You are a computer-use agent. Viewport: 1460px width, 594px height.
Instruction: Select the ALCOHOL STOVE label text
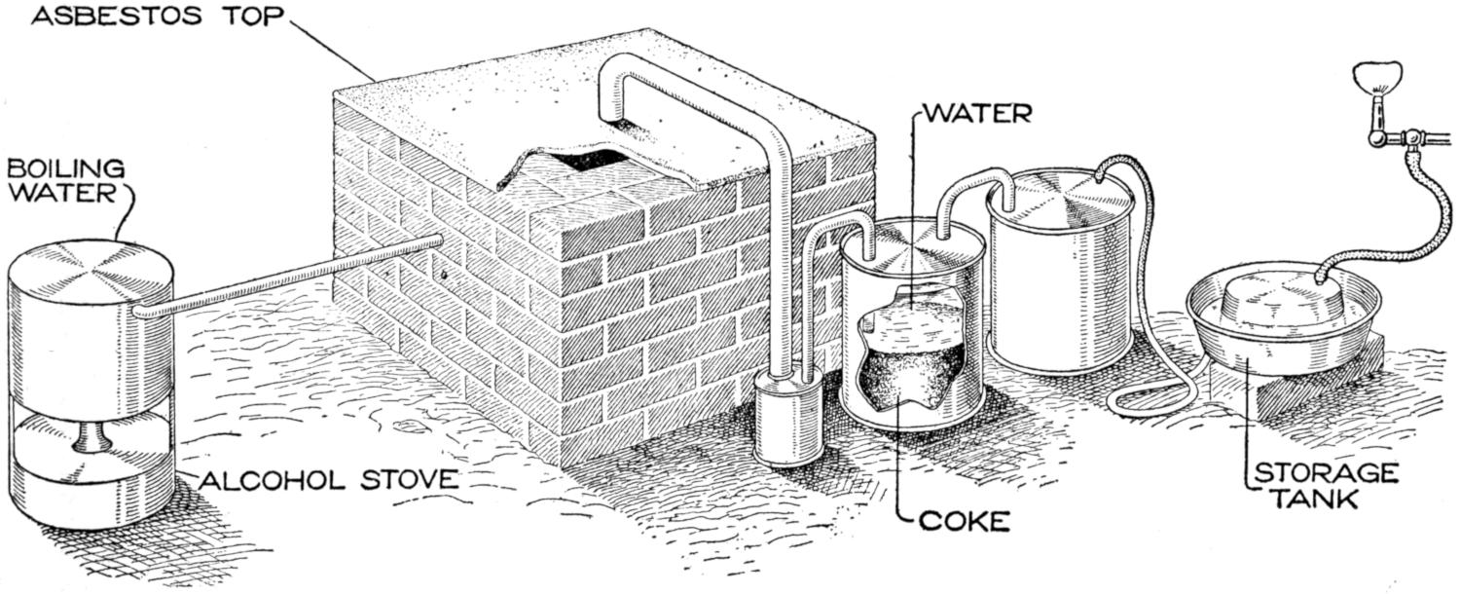click(x=328, y=479)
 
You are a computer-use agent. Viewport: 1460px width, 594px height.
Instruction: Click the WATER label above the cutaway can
click(x=975, y=113)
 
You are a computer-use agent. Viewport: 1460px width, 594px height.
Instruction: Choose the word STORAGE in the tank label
click(x=1327, y=474)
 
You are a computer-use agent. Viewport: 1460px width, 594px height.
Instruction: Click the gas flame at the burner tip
click(x=1376, y=75)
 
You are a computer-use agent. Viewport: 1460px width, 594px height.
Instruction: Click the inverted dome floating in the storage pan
click(x=1274, y=298)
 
